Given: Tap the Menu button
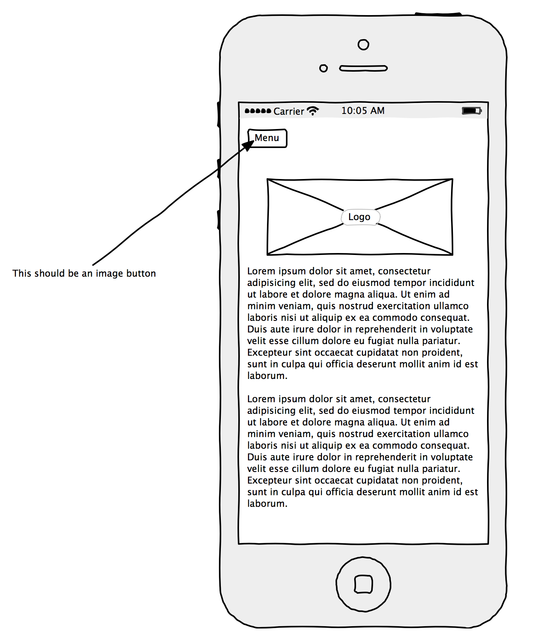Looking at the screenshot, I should (267, 138).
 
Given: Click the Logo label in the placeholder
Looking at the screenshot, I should (360, 217).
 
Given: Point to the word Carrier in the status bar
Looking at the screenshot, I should (289, 112).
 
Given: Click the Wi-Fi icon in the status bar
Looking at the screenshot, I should (313, 111).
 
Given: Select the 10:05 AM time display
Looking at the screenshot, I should (363, 111).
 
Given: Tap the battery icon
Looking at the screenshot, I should (471, 111).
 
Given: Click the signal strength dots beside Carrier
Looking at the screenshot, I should (258, 111).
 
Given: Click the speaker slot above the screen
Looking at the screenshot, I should (363, 69).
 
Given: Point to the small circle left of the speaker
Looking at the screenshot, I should (324, 69).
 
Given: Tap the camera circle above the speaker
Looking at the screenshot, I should (363, 45).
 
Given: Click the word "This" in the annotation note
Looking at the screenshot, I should (22, 274).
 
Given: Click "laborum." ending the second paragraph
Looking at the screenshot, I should (267, 504).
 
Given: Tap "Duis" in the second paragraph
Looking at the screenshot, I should (256, 457).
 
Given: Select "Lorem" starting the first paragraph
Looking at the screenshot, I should (261, 271).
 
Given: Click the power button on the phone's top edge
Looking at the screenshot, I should (438, 14).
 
